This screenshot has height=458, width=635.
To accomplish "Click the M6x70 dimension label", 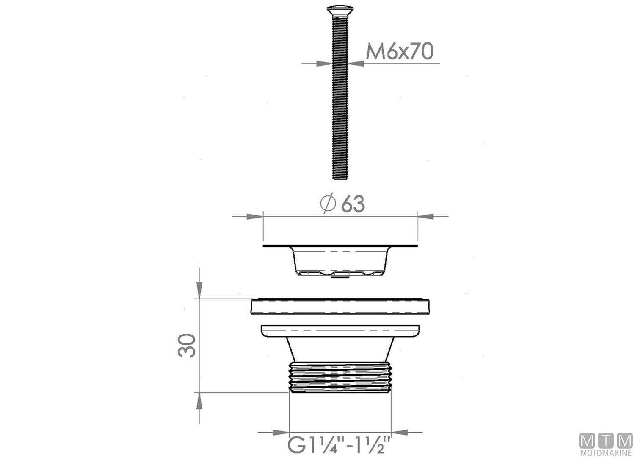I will click(x=400, y=52).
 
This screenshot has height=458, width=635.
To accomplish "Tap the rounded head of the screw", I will click(x=340, y=9).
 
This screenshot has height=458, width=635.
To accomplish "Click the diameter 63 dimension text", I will click(x=353, y=204).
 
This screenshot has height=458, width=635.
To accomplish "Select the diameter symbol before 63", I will click(x=329, y=204).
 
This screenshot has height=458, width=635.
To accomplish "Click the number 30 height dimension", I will click(x=187, y=346).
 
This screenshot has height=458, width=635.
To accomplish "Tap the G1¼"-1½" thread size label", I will click(x=339, y=445).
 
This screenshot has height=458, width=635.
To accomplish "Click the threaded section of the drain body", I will click(x=340, y=377).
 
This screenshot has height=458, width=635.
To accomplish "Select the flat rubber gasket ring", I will click(x=340, y=307).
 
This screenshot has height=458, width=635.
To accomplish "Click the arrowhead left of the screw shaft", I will click(x=324, y=64).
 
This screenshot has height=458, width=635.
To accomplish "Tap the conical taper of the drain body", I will click(x=340, y=350).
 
